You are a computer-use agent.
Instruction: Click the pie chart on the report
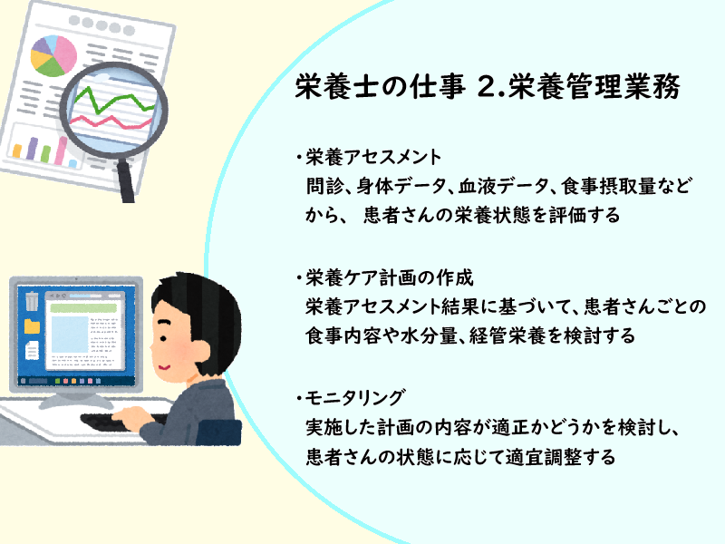coord(53,55)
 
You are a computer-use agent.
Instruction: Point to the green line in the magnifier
coord(114,100)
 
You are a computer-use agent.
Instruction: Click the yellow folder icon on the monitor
coord(32,326)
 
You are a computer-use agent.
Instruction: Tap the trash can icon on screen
coord(32,301)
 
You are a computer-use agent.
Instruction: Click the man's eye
coord(163,338)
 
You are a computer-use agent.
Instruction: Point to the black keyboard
coord(121,422)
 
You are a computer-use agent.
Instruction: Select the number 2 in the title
coord(487,86)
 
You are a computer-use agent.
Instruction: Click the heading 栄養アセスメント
coord(373,158)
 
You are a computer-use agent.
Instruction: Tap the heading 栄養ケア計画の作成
coord(390,278)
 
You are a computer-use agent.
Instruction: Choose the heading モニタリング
coord(355,398)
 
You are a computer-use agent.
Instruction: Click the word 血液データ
coord(503,186)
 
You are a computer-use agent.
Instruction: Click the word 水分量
coord(429,335)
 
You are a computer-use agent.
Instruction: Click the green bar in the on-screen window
coord(83,307)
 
